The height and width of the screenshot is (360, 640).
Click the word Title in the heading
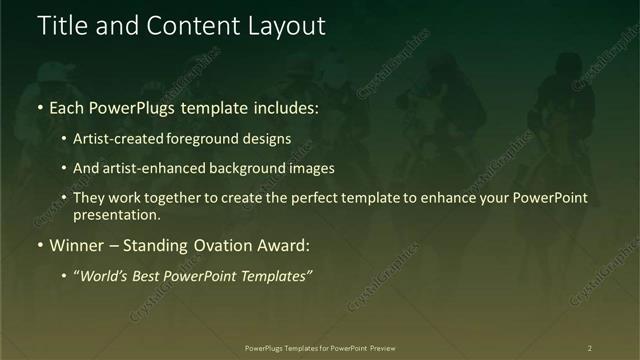click(x=61, y=26)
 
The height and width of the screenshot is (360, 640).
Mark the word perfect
click(x=314, y=198)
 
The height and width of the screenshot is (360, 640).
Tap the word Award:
click(x=280, y=245)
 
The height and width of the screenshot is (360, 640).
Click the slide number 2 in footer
click(x=590, y=347)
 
